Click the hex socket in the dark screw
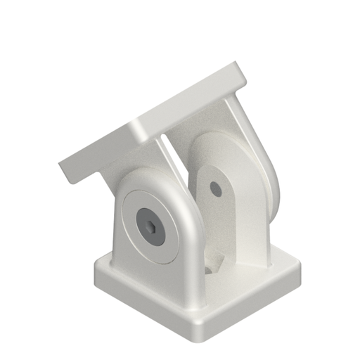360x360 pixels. [x=151, y=226]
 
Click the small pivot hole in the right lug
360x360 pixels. [x=216, y=188]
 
